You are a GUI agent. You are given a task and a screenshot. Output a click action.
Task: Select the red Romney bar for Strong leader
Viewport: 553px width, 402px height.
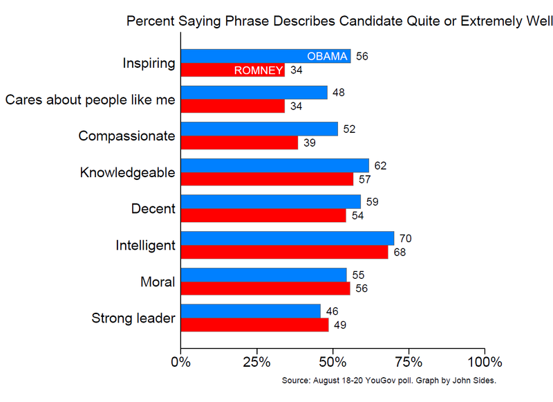(x=254, y=325)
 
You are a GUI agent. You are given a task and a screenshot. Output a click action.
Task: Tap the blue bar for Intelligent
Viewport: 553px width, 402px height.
(x=287, y=238)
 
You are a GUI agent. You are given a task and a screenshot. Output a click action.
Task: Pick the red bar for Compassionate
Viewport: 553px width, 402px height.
(x=239, y=143)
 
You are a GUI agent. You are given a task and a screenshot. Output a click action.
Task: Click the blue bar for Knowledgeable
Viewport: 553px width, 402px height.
(x=275, y=165)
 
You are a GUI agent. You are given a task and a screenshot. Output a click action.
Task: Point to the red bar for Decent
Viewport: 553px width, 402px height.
(x=263, y=215)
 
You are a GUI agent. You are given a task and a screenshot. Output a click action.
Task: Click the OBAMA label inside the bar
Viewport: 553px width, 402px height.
(x=327, y=56)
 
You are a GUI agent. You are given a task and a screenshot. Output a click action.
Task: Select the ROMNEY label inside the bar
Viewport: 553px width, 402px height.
(x=259, y=70)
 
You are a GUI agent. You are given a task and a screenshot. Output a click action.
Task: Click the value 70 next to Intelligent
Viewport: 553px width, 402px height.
(x=406, y=239)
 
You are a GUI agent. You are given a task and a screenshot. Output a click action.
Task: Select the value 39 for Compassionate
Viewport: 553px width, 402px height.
(x=310, y=143)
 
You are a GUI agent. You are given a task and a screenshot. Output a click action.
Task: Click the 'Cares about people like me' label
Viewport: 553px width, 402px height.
(x=90, y=100)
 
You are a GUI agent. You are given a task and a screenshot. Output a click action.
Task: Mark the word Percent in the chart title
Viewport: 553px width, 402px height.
(x=147, y=21)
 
